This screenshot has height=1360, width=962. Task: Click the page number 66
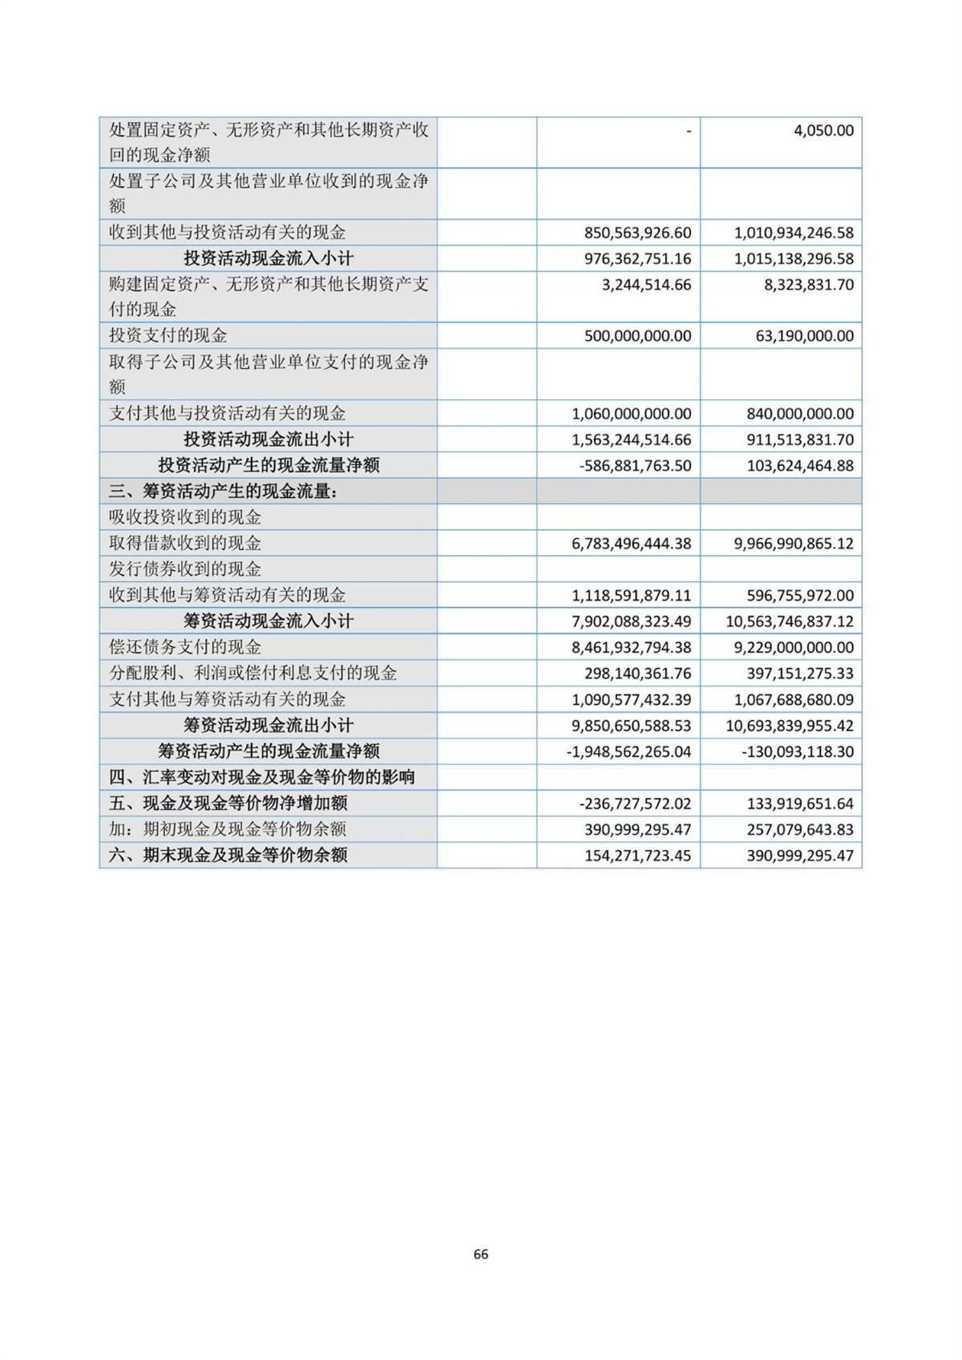(481, 1254)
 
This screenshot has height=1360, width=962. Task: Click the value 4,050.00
(823, 130)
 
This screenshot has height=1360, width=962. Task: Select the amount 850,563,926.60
(637, 233)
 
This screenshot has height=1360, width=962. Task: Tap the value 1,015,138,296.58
(794, 259)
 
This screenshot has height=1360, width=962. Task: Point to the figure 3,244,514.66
(646, 285)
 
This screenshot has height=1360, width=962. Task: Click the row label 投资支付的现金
(168, 335)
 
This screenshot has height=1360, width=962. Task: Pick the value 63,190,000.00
(804, 336)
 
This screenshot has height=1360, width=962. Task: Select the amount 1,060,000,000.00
(631, 414)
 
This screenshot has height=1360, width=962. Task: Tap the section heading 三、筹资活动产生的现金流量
(223, 492)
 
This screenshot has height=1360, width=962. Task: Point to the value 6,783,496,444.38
(631, 544)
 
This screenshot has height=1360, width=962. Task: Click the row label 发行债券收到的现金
(185, 569)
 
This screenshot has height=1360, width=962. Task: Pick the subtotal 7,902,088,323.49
(631, 621)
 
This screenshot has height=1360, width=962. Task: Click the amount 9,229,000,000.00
(794, 647)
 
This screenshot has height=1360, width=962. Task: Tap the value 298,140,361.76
(637, 674)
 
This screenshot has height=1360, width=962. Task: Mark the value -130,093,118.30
(798, 751)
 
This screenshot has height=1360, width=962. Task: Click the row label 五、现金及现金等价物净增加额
(228, 803)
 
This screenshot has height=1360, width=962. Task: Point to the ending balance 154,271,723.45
(637, 856)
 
